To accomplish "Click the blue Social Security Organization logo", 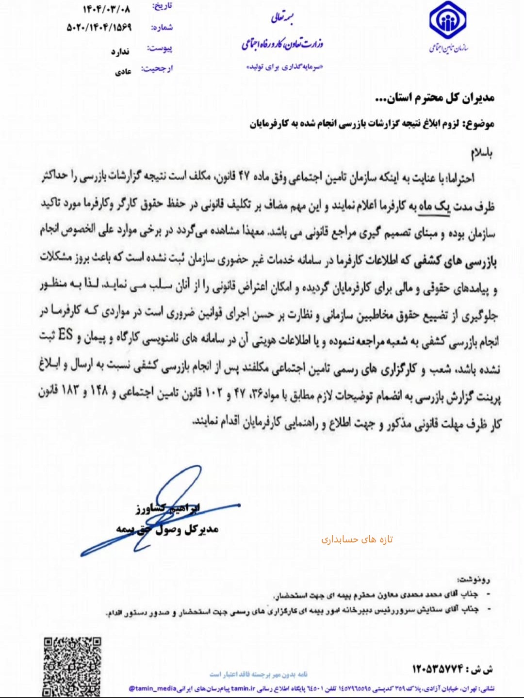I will (448, 22).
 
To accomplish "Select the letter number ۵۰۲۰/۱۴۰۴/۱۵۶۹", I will (99, 28).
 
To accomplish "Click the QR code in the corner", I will (73, 666).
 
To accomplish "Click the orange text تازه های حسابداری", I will (357, 539).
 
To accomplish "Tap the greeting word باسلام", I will (481, 153).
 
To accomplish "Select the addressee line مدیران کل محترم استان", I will (435, 98).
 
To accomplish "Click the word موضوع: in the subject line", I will (479, 124).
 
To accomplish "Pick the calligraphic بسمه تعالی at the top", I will (283, 18).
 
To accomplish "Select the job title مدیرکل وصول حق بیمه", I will (167, 529).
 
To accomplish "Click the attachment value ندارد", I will (120, 51).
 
